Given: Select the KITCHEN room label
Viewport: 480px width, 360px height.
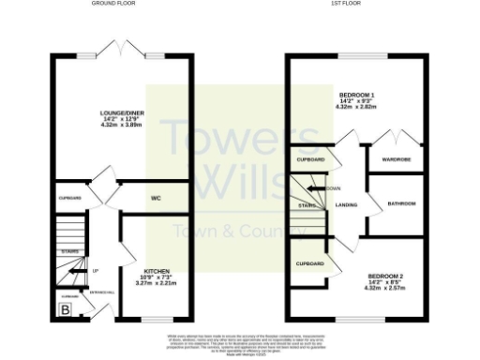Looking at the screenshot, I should pyautogui.click(x=156, y=270).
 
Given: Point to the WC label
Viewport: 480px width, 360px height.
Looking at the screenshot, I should pyautogui.click(x=157, y=198).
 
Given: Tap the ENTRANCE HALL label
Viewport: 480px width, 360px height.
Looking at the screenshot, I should pyautogui.click(x=100, y=292).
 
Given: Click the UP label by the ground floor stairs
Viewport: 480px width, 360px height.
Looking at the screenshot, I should pyautogui.click(x=96, y=271).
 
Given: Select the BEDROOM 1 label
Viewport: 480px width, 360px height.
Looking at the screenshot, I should pyautogui.click(x=355, y=96).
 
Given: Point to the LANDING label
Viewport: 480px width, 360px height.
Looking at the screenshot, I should pyautogui.click(x=346, y=204).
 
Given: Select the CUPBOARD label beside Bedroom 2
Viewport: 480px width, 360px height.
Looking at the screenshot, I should pyautogui.click(x=309, y=264).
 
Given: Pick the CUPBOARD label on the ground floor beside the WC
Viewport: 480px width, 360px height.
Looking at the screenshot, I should pyautogui.click(x=70, y=198).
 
